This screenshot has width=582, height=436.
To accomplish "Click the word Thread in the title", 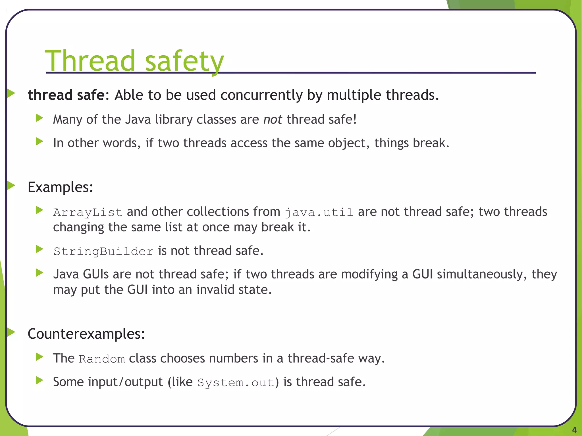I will (90, 61).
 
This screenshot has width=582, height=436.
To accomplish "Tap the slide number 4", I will (574, 429).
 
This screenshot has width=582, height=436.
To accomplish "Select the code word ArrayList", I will (88, 212).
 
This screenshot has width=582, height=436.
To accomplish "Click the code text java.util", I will (319, 212).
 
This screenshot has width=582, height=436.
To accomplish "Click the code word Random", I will (102, 359).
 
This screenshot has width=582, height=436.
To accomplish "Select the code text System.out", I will (236, 383).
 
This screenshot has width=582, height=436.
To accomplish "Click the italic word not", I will (273, 120).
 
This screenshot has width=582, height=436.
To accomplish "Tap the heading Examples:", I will (60, 187).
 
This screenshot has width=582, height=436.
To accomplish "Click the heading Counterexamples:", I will (86, 334).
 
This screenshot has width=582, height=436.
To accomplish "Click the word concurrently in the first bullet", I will (261, 95).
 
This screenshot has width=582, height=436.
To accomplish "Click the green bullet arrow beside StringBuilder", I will (40, 250).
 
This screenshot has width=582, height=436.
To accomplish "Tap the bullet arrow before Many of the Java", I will (40, 118).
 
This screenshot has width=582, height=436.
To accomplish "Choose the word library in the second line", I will (173, 120).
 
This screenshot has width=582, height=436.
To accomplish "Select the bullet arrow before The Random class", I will (40, 357).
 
